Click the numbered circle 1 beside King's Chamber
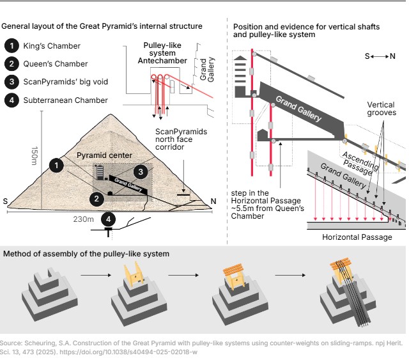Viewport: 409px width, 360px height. pos(12,46)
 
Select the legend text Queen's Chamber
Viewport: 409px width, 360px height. pos(53,64)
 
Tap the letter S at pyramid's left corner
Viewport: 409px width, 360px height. pos(6,202)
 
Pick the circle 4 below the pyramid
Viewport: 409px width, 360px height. pos(110,219)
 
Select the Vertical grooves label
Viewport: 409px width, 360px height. pos(380,109)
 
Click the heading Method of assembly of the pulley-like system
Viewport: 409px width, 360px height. pos(86,254)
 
